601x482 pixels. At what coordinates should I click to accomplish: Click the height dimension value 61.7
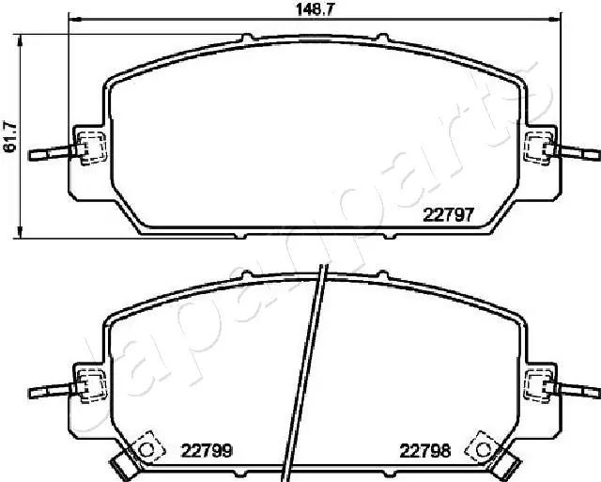(10, 136)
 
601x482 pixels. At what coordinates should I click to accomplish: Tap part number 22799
(207, 450)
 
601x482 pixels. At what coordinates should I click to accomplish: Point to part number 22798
(425, 450)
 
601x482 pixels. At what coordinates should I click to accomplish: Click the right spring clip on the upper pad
(538, 147)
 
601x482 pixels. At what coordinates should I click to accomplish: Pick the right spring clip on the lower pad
(538, 382)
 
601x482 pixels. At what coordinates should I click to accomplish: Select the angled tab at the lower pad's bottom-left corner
(120, 461)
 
